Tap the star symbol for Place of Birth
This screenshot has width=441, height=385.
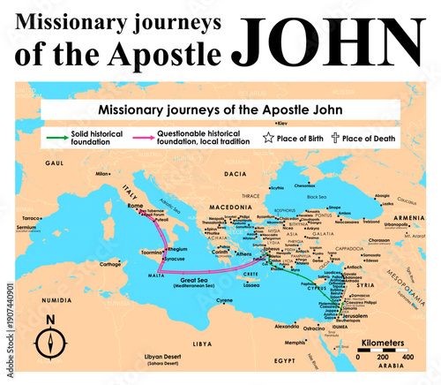pos(267,138)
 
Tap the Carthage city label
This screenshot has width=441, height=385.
pos(109,263)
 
